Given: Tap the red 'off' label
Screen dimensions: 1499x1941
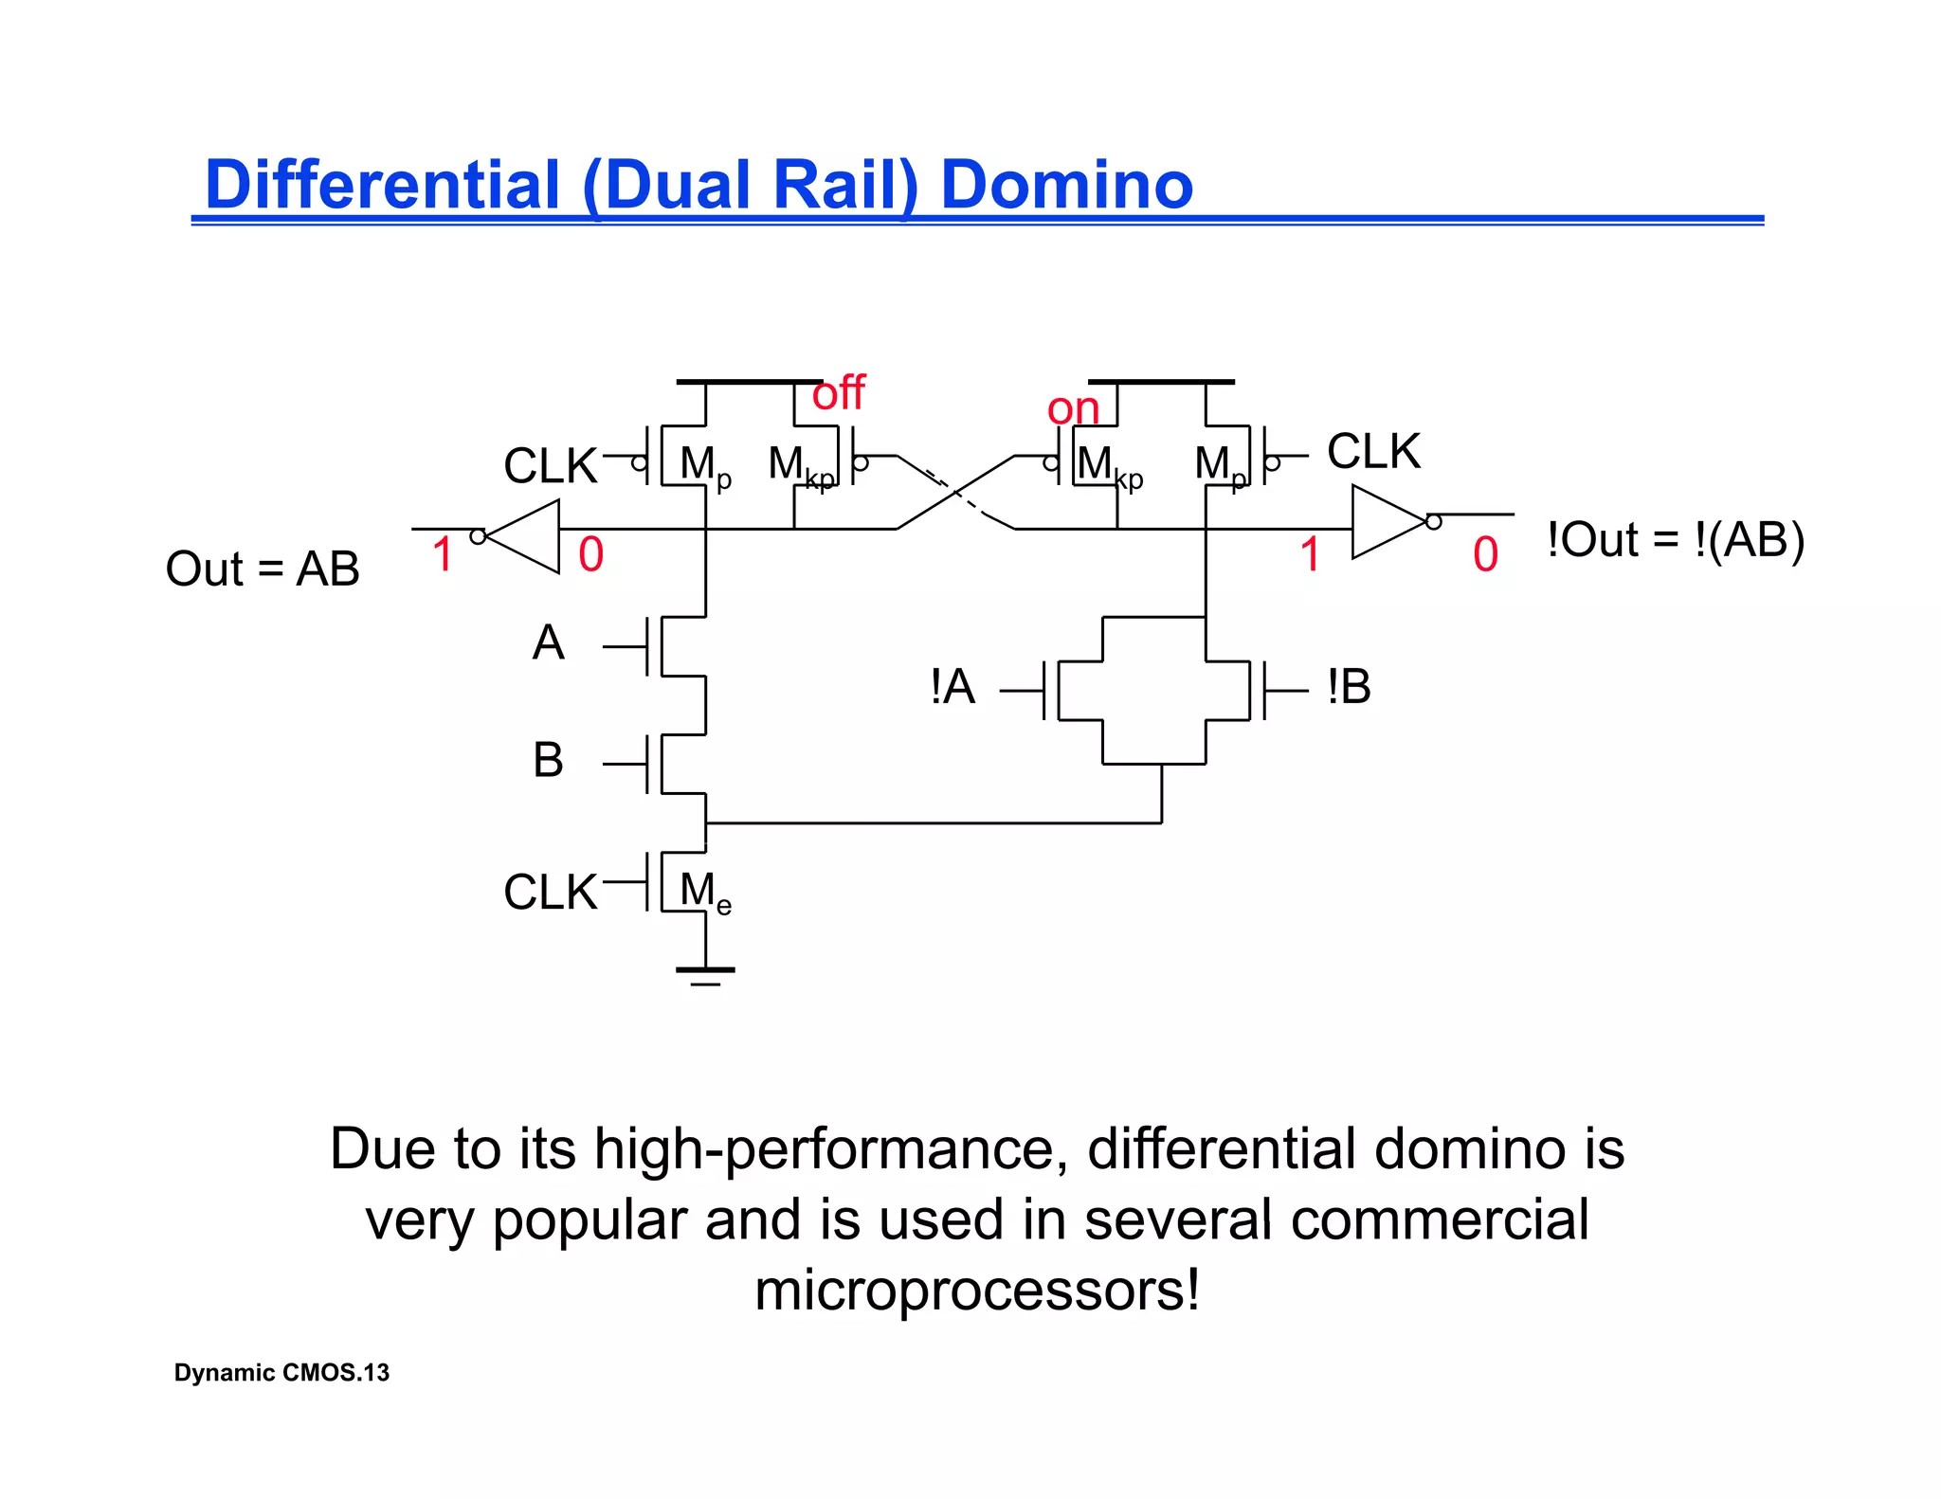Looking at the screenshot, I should pos(838,392).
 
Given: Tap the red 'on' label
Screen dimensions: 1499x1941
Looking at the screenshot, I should pos(1072,409).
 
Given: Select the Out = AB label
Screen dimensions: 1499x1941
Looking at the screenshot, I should pos(263,569).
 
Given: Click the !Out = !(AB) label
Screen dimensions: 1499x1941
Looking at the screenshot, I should pos(1675,540).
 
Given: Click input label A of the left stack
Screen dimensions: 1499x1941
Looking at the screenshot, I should pos(548,643).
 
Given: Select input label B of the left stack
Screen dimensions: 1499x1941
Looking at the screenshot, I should pos(548,760).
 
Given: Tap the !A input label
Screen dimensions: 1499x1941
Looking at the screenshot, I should pos(952,686).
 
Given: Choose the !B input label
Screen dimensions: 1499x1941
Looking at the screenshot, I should pos(1349,686).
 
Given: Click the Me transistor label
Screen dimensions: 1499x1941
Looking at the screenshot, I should pos(705,893).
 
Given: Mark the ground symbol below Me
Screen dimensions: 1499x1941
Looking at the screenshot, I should pos(705,973).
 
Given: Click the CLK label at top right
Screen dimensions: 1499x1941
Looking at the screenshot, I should pos(1372,451).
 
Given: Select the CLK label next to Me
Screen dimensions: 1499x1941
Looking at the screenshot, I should pos(550,893).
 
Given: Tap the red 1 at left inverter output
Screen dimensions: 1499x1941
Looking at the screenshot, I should pos(442,554).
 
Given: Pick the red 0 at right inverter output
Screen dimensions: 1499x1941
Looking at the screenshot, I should pos(1485,555).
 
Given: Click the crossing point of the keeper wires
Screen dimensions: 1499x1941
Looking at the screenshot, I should pos(955,492).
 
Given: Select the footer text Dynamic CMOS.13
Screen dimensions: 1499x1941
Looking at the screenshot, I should pos(281,1372).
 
